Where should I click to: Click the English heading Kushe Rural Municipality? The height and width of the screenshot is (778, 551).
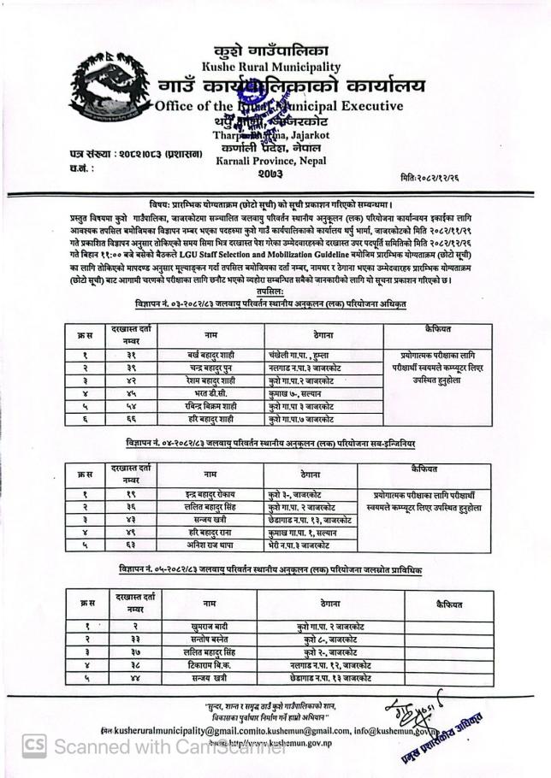[270, 67]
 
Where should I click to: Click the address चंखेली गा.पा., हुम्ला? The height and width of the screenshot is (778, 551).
[299, 354]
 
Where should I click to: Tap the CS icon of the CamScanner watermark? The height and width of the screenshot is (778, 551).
[33, 746]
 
